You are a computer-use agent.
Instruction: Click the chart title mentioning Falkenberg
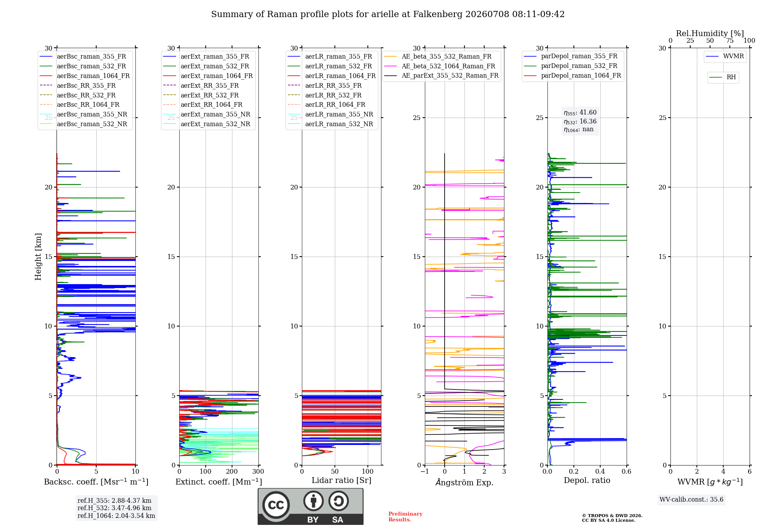pyautogui.click(x=388, y=14)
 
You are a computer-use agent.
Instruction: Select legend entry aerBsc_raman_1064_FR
pyautogui.click(x=85, y=76)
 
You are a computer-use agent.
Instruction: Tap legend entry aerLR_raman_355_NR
pyautogui.click(x=331, y=114)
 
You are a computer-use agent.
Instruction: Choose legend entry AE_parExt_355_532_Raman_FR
pyautogui.click(x=442, y=75)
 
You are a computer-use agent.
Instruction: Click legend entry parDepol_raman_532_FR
pyautogui.click(x=571, y=66)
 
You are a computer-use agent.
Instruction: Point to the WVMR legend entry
pyautogui.click(x=725, y=56)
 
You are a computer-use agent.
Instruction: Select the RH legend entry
pyautogui.click(x=723, y=77)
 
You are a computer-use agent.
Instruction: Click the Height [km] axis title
pyautogui.click(x=38, y=257)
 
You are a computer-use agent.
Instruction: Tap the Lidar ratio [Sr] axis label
pyautogui.click(x=341, y=480)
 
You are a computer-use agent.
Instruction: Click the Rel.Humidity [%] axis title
pyautogui.click(x=710, y=33)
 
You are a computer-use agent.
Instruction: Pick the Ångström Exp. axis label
pyautogui.click(x=464, y=482)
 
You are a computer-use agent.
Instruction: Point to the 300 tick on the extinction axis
pyautogui.click(x=258, y=471)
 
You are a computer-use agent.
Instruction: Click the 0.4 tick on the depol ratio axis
pyautogui.click(x=600, y=471)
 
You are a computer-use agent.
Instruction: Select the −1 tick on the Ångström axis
pyautogui.click(x=425, y=471)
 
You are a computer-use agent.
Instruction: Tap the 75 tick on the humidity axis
pyautogui.click(x=730, y=40)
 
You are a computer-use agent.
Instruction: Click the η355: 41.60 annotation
pyautogui.click(x=580, y=113)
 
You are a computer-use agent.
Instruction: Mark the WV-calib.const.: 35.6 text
pyautogui.click(x=691, y=499)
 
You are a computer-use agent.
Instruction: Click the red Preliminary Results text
pyautogui.click(x=405, y=517)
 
